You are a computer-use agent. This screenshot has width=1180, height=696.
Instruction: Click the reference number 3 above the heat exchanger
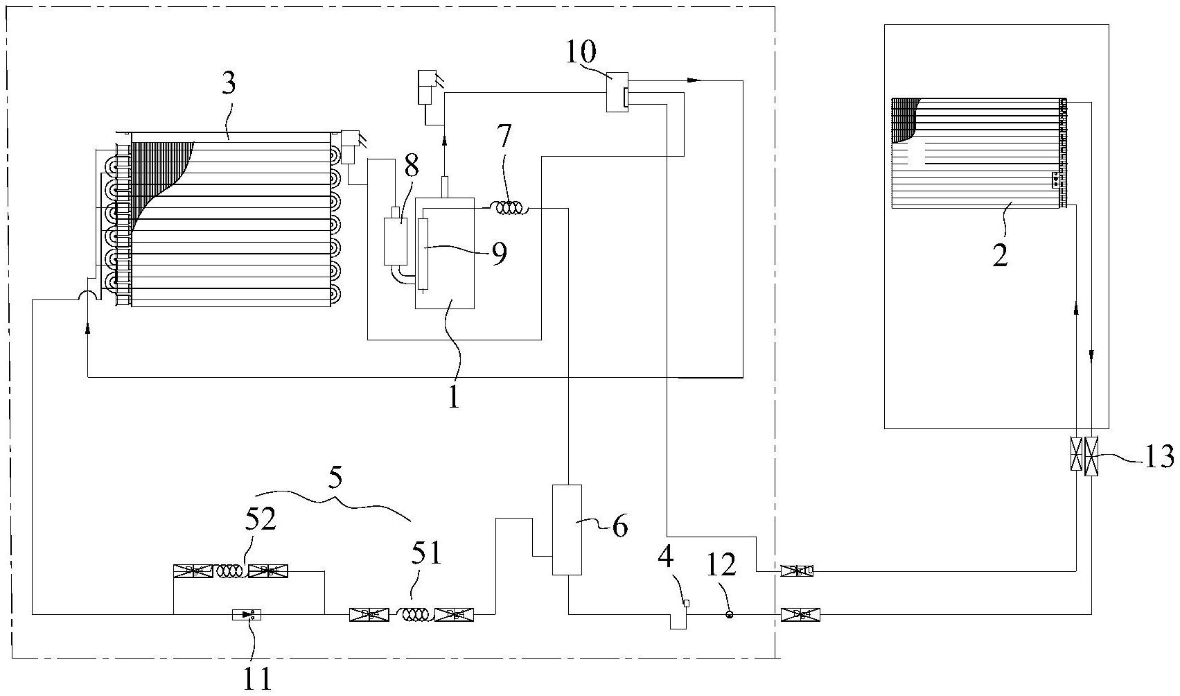tap(229, 84)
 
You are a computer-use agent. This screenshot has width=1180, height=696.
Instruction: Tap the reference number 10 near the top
tap(581, 51)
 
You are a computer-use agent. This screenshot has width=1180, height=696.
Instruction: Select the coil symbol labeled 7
tap(509, 208)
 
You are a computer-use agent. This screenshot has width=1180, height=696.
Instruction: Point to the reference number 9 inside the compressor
tap(499, 254)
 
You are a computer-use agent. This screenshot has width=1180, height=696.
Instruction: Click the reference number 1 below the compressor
tap(453, 397)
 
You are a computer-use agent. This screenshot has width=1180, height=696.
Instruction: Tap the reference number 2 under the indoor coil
tap(999, 256)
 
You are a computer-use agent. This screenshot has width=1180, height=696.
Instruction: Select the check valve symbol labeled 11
tap(247, 614)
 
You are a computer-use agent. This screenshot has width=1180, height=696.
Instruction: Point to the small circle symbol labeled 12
tap(729, 614)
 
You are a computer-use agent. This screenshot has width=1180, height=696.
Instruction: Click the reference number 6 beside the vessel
tap(619, 526)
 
